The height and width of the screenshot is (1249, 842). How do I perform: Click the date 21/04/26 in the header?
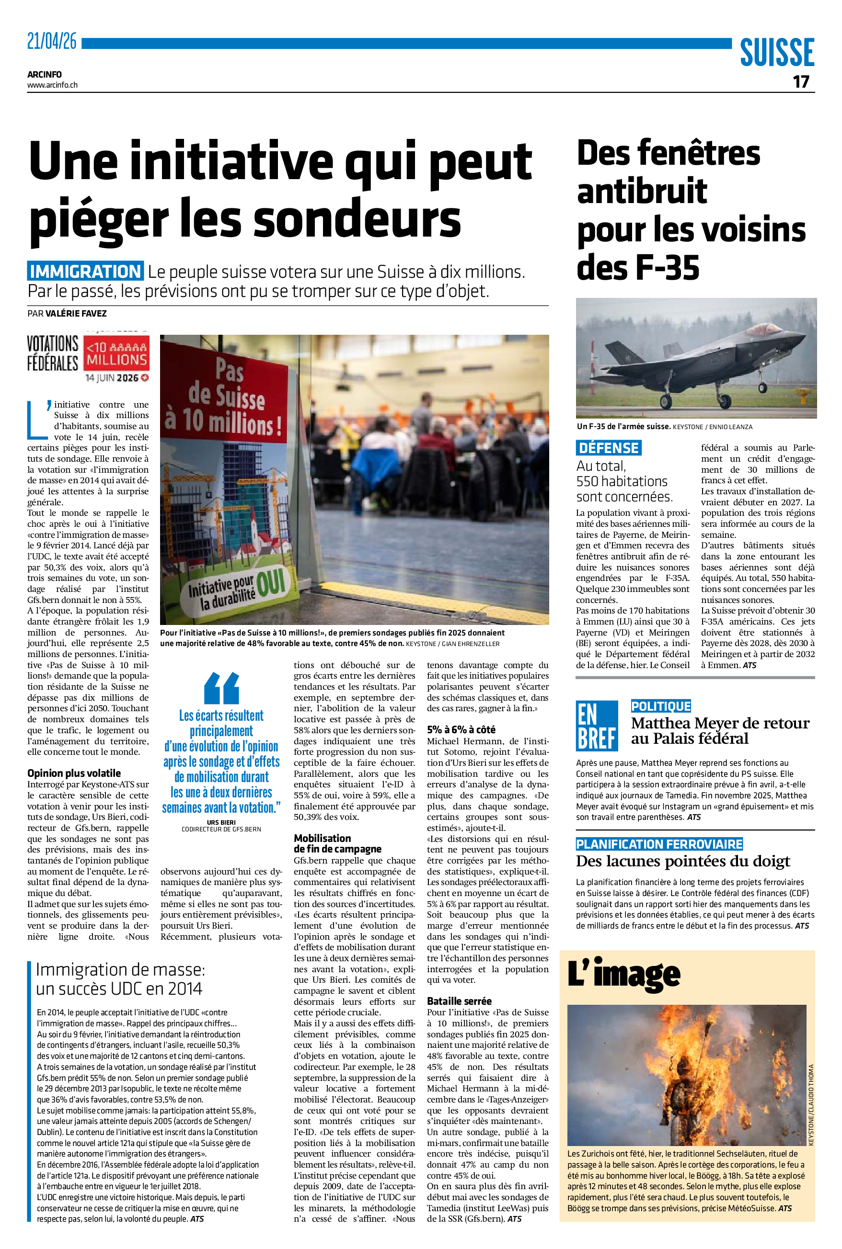click(x=52, y=41)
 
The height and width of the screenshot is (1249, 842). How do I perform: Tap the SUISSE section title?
click(x=776, y=52)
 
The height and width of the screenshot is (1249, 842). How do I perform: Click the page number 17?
click(x=801, y=81)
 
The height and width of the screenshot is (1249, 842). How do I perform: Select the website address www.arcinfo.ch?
click(x=53, y=85)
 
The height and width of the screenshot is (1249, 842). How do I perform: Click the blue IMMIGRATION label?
click(x=85, y=272)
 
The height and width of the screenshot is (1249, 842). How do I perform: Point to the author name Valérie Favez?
click(x=76, y=313)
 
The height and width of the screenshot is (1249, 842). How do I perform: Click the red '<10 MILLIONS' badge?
click(x=116, y=354)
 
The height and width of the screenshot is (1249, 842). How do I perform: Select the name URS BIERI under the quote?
click(x=221, y=822)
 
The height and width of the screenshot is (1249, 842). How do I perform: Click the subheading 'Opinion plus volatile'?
click(x=74, y=773)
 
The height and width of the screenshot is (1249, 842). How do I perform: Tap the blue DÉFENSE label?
click(x=609, y=448)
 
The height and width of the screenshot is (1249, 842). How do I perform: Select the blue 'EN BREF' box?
click(x=596, y=726)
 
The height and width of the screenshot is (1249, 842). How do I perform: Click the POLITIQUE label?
click(x=660, y=706)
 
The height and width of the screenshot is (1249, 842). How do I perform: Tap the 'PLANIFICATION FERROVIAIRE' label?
click(x=659, y=844)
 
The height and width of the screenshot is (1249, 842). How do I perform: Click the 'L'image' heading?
click(x=623, y=974)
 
